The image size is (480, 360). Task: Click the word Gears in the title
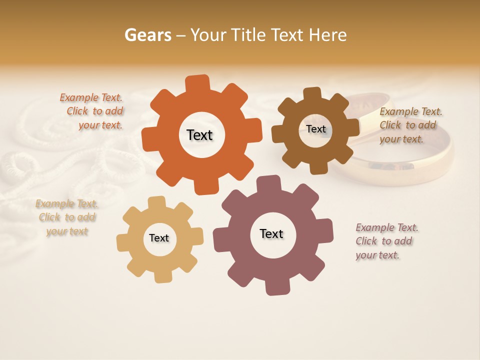148,35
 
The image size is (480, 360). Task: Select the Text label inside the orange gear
199,135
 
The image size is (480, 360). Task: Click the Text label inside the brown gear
315,129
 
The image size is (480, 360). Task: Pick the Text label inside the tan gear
159,238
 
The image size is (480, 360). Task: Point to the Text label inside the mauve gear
271,233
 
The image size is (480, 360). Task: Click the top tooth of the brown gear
312,93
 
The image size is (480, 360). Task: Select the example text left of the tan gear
66,217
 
